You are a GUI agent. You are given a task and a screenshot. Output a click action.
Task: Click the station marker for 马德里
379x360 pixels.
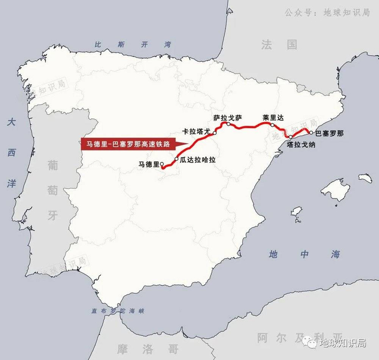click(x=162, y=168)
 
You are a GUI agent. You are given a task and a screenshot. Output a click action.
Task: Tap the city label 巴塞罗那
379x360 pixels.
click(x=329, y=132)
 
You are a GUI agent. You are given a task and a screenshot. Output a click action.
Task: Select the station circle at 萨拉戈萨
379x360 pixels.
click(x=228, y=124)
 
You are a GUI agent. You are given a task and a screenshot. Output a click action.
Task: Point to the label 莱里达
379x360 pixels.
click(x=273, y=117)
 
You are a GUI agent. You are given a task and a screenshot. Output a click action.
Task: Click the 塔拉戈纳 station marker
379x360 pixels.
click(x=291, y=137)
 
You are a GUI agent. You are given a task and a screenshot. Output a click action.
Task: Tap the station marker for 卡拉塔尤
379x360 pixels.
click(x=215, y=133)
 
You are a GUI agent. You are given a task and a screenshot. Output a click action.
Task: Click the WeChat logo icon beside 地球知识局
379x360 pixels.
click(x=310, y=343)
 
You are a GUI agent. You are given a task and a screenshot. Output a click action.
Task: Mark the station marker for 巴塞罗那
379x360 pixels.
click(x=311, y=132)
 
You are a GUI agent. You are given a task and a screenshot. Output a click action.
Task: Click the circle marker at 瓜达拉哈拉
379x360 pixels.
click(x=177, y=159)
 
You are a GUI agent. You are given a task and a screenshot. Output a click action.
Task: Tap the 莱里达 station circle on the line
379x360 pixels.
click(x=272, y=125)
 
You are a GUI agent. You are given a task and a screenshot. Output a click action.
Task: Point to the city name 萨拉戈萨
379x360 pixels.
click(x=227, y=116)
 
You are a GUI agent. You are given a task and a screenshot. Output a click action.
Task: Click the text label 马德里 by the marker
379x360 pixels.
click(x=147, y=163)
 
